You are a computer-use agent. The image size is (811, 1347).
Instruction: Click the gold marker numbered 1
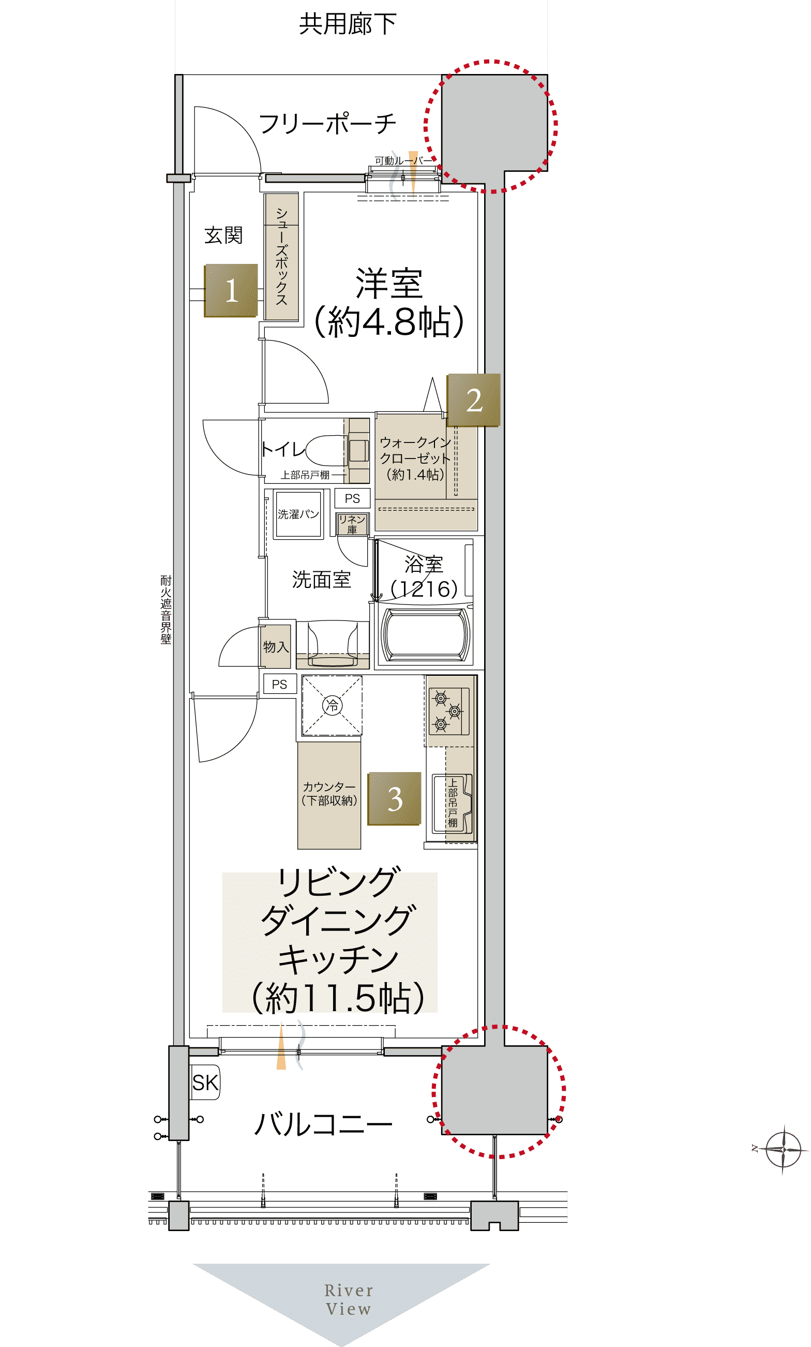point(231,290)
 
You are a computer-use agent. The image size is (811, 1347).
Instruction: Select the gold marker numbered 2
point(474,400)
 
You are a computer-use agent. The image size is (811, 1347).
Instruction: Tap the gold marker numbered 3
point(395,798)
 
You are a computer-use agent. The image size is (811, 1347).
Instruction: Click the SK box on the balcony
point(205,1082)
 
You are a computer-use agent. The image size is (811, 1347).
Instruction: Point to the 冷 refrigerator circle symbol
point(332,705)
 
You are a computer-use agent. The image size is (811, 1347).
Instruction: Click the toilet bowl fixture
point(327,450)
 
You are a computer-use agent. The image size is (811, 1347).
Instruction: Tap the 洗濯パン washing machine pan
point(298,514)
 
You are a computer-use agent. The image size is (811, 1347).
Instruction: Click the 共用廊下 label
point(348,24)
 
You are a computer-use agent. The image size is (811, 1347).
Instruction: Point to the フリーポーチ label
point(327,124)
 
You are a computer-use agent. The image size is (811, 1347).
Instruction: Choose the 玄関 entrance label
point(223,235)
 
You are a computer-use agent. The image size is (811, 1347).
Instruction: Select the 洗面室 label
point(321,580)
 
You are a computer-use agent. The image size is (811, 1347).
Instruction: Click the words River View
point(349,1299)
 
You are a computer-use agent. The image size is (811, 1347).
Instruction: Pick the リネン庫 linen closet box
point(352,524)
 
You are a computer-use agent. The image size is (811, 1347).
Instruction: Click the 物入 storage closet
point(276,647)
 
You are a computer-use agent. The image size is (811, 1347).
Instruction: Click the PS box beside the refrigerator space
point(280,684)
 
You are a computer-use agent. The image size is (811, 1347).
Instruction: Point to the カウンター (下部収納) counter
point(329,795)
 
